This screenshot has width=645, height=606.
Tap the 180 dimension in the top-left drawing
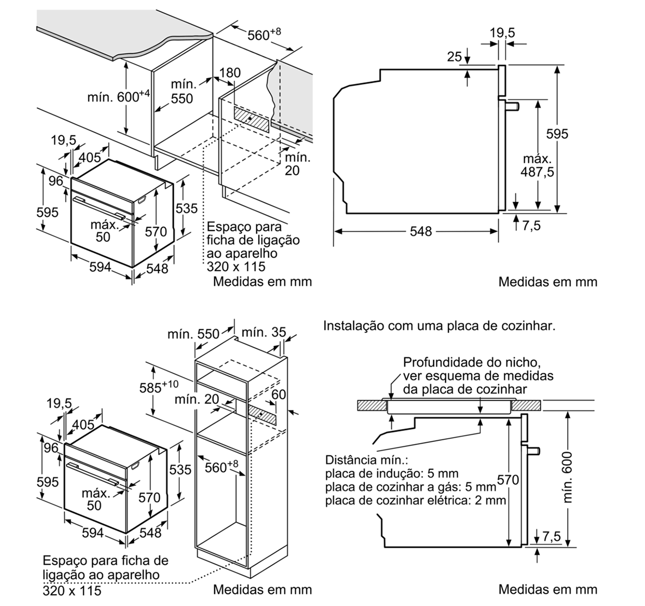click(x=230, y=73)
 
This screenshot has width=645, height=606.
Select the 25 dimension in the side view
click(x=454, y=56)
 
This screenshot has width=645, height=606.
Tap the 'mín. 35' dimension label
click(x=263, y=332)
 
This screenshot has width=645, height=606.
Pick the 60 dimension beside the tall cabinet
click(x=278, y=394)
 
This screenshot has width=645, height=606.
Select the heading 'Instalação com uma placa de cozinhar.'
click(x=439, y=326)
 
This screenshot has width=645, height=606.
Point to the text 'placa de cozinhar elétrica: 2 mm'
click(x=416, y=500)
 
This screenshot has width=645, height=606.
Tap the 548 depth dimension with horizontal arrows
click(x=421, y=232)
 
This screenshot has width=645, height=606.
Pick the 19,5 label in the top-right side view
click(x=502, y=33)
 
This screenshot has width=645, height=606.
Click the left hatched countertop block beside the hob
click(x=369, y=405)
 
